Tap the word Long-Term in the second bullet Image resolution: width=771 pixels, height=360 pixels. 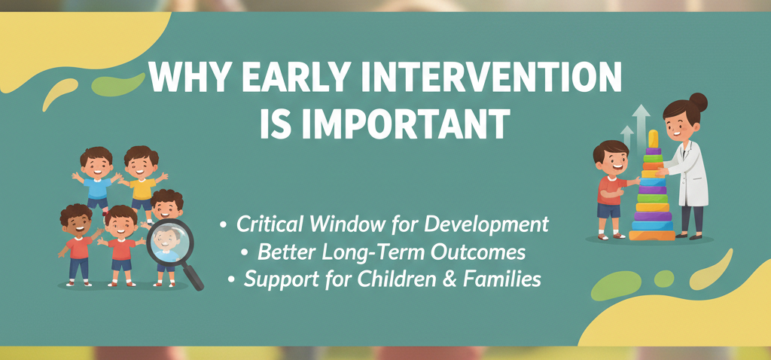click(x=360, y=252)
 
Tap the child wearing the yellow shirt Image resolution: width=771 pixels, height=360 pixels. click(x=141, y=178)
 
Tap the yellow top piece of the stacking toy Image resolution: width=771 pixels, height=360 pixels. click(x=653, y=139)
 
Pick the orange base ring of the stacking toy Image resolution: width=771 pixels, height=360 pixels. click(x=652, y=235)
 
